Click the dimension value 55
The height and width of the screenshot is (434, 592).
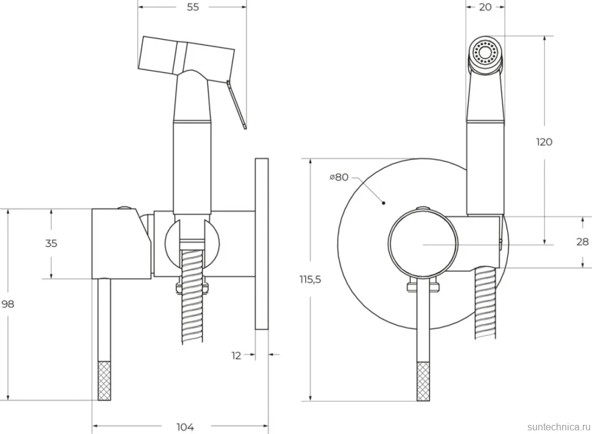point(192,7)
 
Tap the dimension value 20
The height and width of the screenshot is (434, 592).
point(485,7)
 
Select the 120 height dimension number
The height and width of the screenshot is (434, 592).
point(544,142)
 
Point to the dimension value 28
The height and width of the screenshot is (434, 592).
point(583,241)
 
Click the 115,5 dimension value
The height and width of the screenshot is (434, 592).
point(311,279)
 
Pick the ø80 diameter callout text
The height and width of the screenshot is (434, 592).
point(339,177)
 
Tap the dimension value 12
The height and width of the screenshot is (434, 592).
point(236,355)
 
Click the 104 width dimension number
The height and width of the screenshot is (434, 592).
point(186,427)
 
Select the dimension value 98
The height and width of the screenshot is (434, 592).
point(8,304)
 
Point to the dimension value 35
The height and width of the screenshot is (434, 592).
point(51,243)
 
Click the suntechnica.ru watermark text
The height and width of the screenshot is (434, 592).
point(558,427)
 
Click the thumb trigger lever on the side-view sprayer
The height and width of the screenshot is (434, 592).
point(237,104)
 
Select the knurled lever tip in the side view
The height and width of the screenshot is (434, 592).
point(104,381)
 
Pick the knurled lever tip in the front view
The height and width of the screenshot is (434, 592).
point(423,382)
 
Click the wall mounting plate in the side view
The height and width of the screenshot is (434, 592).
point(262,244)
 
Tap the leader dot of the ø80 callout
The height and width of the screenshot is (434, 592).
point(384,203)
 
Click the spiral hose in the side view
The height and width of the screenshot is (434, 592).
point(192,296)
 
